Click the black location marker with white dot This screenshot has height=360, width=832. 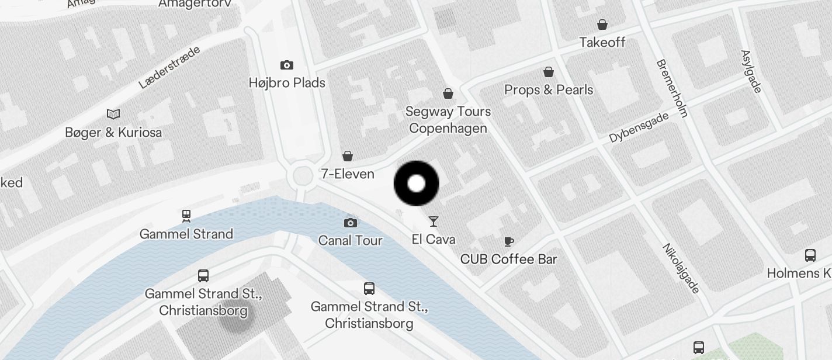pyautogui.click(x=416, y=184)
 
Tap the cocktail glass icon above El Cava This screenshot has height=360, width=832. pyautogui.click(x=433, y=221)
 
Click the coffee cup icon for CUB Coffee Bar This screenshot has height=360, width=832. pyautogui.click(x=509, y=241)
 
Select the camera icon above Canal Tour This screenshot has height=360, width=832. pyautogui.click(x=350, y=223)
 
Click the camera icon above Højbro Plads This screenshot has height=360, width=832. pyautogui.click(x=286, y=65)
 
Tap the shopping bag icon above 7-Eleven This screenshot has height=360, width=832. pyautogui.click(x=348, y=156)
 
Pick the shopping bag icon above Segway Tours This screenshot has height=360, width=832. pyautogui.click(x=448, y=94)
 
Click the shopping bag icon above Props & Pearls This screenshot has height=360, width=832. pyautogui.click(x=549, y=72)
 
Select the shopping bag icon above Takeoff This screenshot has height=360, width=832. pyautogui.click(x=602, y=25)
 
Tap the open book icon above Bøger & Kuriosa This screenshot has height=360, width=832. pyautogui.click(x=113, y=114)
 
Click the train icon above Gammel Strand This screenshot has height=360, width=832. pyautogui.click(x=186, y=216)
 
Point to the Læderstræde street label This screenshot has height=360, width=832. pyautogui.click(x=169, y=67)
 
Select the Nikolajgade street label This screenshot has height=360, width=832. pyautogui.click(x=681, y=268)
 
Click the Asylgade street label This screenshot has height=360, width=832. pyautogui.click(x=751, y=71)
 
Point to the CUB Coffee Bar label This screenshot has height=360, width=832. pyautogui.click(x=508, y=259)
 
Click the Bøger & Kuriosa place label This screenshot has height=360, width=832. pyautogui.click(x=113, y=133)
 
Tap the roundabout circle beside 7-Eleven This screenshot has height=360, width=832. pyautogui.click(x=303, y=175)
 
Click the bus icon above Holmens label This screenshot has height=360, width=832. pyautogui.click(x=810, y=255)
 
